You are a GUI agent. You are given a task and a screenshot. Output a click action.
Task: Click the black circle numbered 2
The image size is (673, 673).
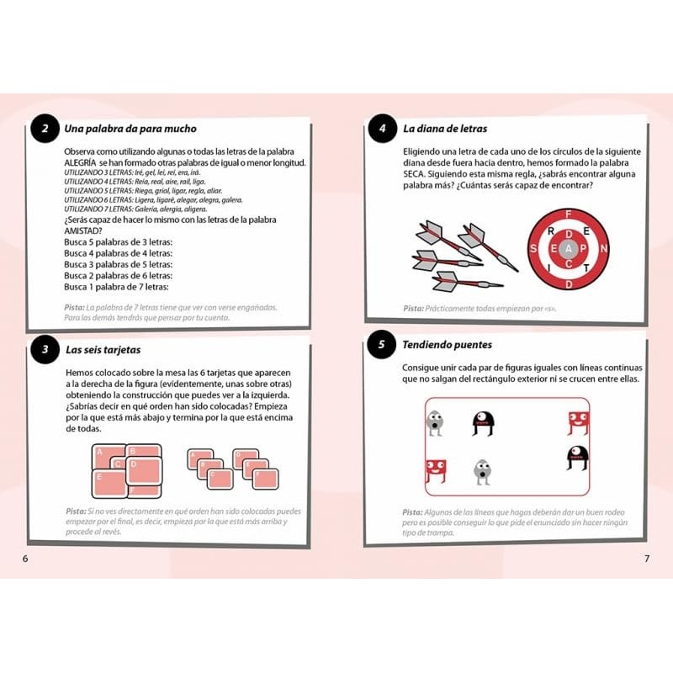click(42, 130)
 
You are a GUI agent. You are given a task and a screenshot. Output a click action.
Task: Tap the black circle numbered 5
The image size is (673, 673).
click(381, 345)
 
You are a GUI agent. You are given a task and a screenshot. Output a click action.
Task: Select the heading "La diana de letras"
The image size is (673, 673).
click(445, 129)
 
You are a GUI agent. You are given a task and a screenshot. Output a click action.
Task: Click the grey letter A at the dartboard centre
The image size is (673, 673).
click(568, 248)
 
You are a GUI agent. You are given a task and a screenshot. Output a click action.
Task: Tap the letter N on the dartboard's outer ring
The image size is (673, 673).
click(603, 248)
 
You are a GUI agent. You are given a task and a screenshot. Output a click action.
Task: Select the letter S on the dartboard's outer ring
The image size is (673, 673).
click(534, 248)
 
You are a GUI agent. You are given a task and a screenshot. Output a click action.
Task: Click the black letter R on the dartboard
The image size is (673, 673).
click(550, 230)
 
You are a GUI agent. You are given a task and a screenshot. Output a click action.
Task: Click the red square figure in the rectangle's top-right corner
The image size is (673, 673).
click(576, 423)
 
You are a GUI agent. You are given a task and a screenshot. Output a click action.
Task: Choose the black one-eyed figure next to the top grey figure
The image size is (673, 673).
click(482, 423)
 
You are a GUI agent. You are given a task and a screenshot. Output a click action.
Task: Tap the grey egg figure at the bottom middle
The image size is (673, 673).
click(482, 472)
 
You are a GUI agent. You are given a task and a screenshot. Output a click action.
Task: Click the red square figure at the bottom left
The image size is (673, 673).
click(435, 472)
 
